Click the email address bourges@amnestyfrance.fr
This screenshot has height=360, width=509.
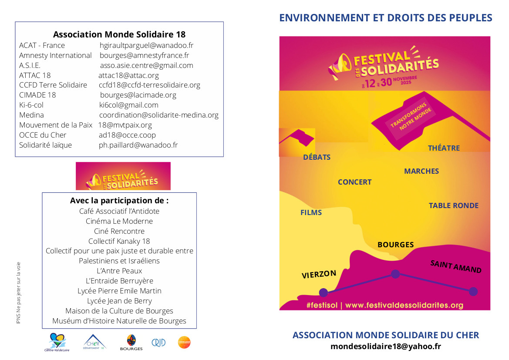tap(144, 55)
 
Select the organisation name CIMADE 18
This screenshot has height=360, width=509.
tap(37, 95)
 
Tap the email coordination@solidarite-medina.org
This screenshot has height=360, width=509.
tap(158, 115)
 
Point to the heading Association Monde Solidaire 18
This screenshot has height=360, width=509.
tap(119, 34)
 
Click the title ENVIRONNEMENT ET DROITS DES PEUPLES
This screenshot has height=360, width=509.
tap(385, 18)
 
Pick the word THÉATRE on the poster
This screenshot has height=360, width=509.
tap(444, 148)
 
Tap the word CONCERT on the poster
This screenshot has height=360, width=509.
tap(354, 182)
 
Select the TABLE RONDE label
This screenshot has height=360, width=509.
tap(453, 205)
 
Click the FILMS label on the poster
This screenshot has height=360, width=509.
tap(311, 212)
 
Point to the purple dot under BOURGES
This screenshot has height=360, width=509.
tap(395, 274)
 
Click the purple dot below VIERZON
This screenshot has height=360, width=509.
tap(323, 292)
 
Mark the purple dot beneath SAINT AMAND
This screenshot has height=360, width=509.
tap(473, 291)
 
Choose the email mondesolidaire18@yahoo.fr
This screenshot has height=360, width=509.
tap(385, 347)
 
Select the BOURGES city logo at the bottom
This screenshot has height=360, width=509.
tap(131, 343)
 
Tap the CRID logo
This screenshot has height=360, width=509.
tap(158, 343)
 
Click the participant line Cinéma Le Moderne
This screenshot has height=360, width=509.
tap(119, 221)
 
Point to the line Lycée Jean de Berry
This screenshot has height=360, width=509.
tap(119, 301)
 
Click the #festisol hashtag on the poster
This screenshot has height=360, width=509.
tap(322, 305)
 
